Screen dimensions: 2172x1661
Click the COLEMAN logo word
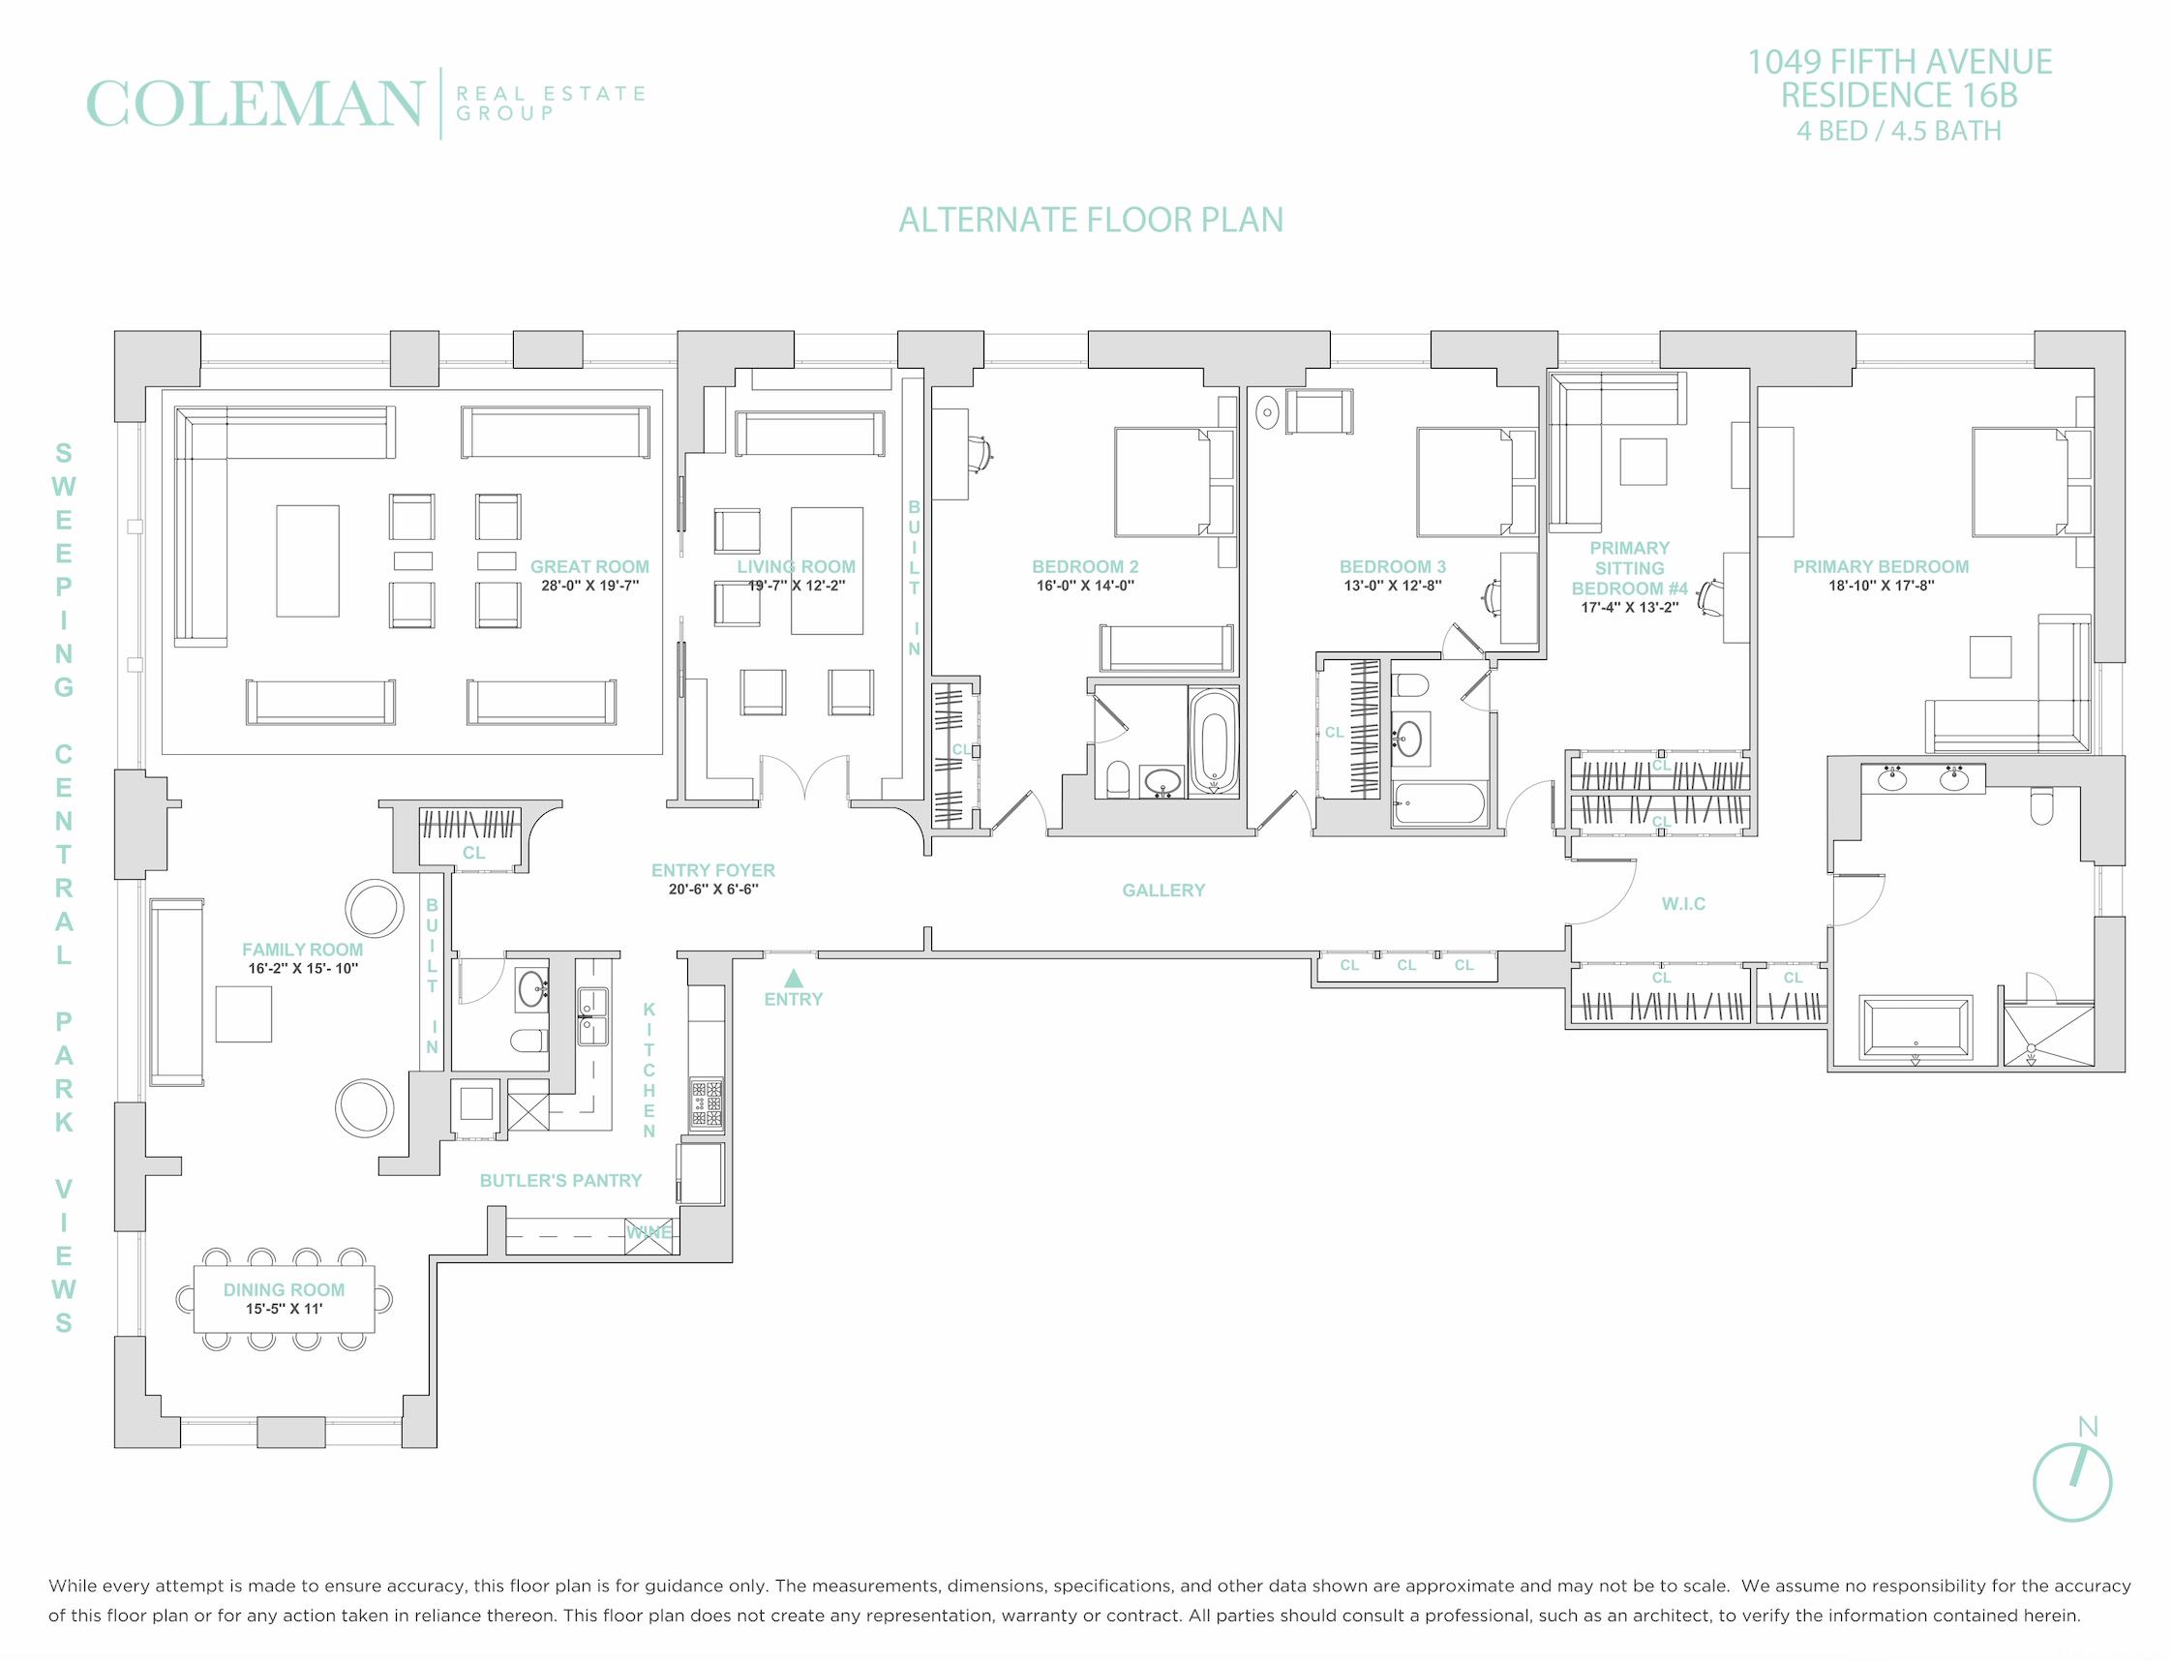(256, 104)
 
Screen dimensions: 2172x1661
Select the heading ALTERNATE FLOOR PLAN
(1091, 220)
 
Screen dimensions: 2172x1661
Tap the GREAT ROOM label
(589, 566)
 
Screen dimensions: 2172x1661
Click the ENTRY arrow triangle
(793, 979)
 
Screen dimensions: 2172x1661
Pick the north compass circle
(2072, 1482)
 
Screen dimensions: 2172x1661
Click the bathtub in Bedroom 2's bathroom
(1212, 740)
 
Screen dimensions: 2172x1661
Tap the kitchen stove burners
(706, 1104)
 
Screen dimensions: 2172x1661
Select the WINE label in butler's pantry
(649, 1232)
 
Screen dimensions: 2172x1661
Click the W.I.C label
(1682, 904)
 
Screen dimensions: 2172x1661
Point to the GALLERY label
(1163, 891)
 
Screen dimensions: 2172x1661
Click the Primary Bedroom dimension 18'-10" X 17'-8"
(1882, 586)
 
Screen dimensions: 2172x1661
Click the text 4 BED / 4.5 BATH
(1899, 131)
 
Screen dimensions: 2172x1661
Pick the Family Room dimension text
(303, 969)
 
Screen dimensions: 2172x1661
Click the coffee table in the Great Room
(308, 560)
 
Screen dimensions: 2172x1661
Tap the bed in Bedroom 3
(1475, 481)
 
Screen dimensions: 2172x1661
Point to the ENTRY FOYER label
(712, 871)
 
